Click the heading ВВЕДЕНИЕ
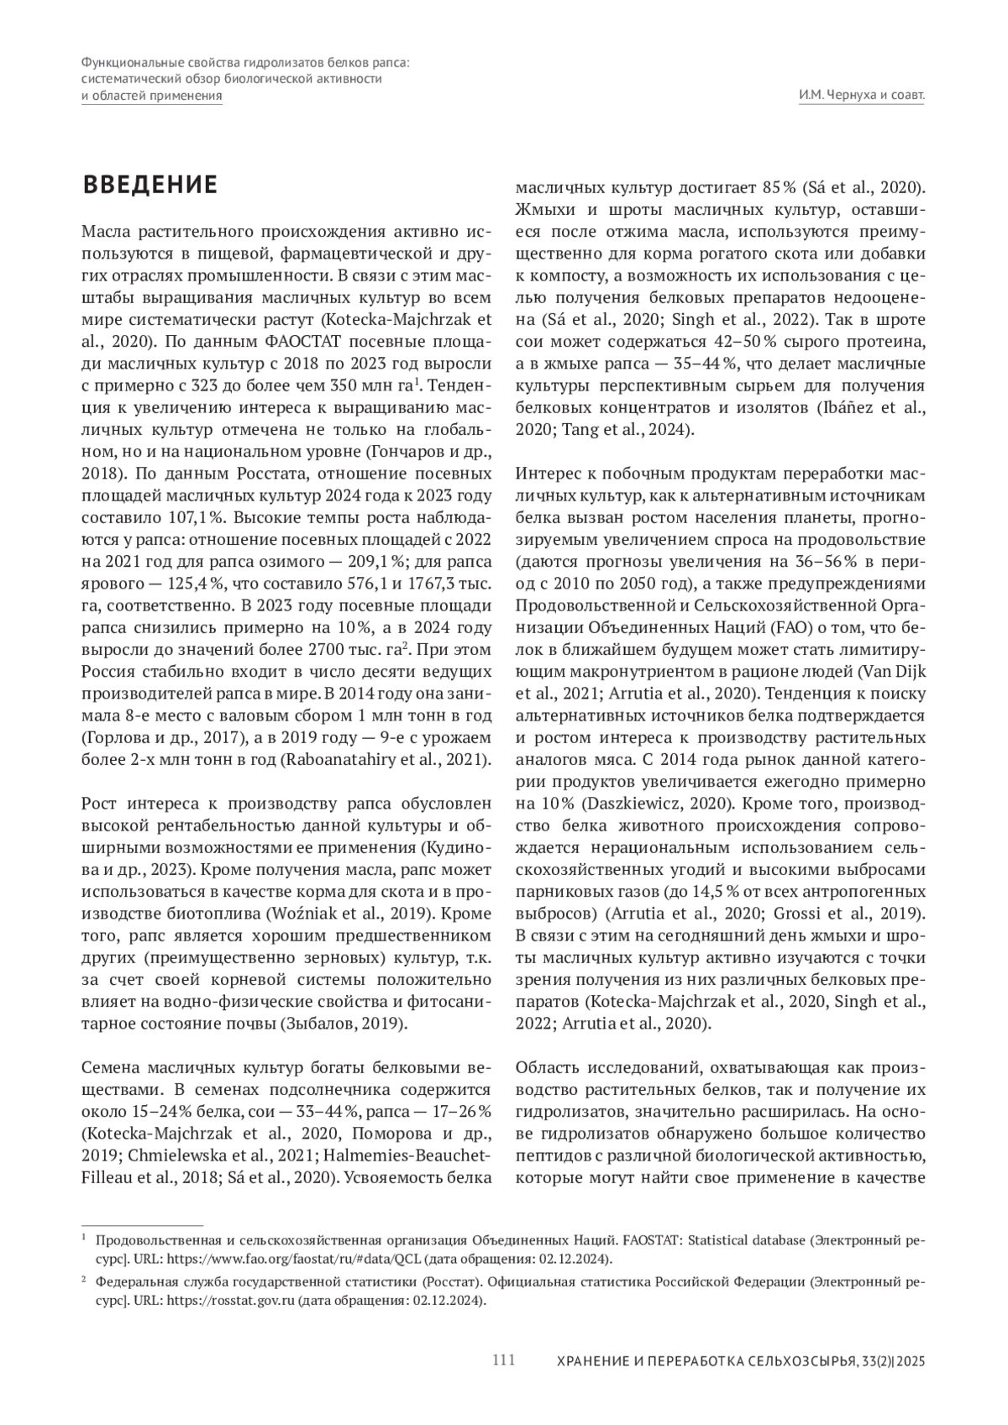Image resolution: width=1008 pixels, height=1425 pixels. [x=150, y=186]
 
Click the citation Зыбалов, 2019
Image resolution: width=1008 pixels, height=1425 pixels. [x=347, y=1024]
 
